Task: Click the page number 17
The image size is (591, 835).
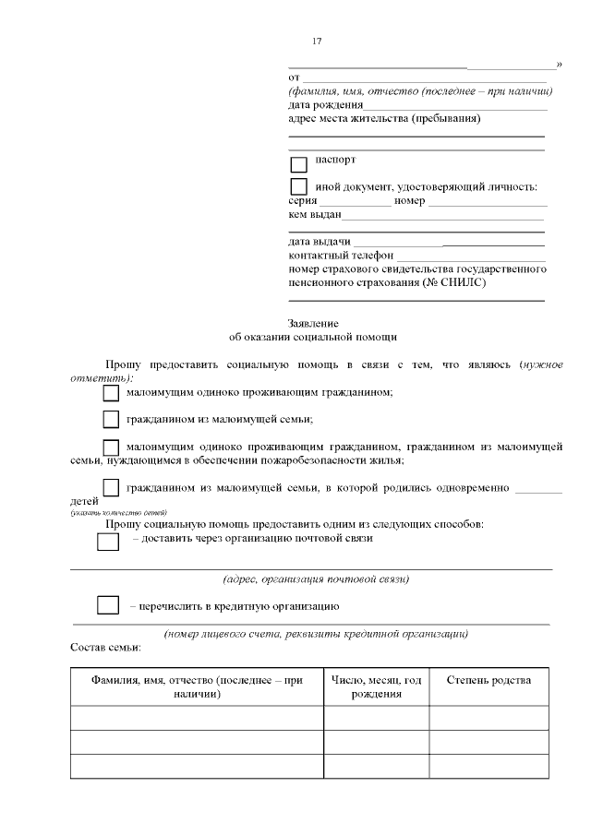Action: click(317, 42)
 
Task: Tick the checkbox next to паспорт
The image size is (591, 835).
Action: click(298, 165)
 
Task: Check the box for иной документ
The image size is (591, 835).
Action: click(298, 187)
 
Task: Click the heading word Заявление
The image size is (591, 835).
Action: click(313, 324)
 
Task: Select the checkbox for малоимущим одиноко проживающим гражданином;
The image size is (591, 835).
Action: click(111, 393)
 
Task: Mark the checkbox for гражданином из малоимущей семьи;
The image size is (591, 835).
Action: click(111, 420)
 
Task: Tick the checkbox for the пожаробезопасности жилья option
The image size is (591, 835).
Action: click(111, 447)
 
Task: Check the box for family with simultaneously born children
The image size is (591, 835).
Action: click(111, 487)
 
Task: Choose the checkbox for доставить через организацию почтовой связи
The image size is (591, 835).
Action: click(108, 542)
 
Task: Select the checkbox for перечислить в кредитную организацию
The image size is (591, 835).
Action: click(108, 606)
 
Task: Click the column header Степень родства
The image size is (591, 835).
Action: click(488, 681)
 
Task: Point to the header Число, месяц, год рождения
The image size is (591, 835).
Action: click(376, 687)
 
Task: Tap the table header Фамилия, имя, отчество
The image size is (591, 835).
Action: click(197, 687)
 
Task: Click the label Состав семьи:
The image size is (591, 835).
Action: click(105, 648)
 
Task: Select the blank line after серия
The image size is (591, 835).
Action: click(355, 202)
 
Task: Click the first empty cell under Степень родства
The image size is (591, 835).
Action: click(488, 718)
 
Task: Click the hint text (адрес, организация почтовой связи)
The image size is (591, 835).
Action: click(317, 579)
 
